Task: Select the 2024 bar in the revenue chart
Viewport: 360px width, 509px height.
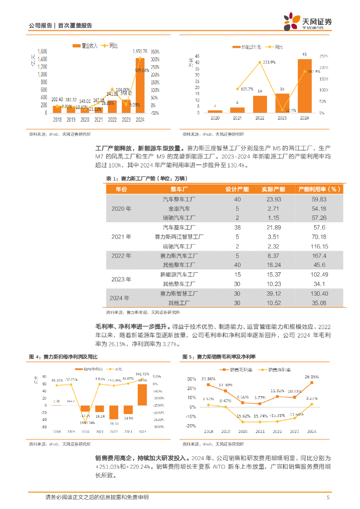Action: [140, 85]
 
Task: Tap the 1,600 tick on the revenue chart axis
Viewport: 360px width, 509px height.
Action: [43, 51]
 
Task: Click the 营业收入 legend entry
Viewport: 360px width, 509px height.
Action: [85, 46]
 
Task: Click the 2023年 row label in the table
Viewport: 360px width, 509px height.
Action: [121, 279]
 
